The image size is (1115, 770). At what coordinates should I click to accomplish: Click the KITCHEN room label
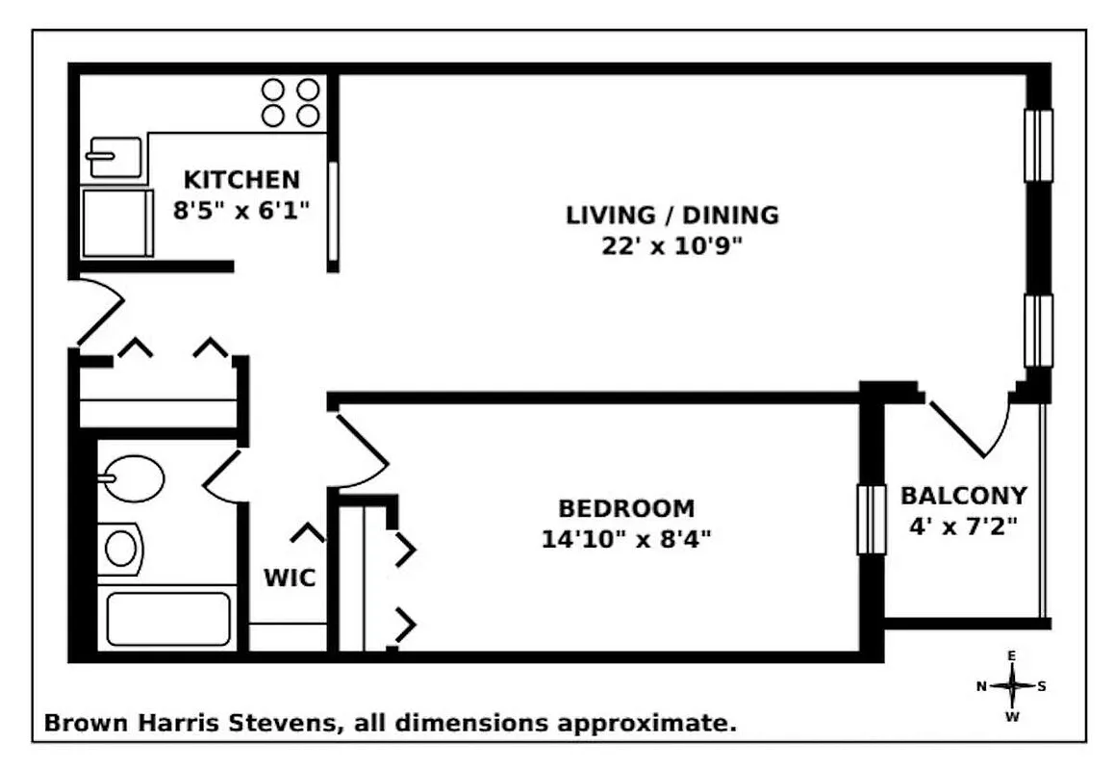point(241,180)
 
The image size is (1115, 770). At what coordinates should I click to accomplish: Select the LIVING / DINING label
point(672,215)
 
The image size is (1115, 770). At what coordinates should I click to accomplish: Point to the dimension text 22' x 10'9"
point(672,246)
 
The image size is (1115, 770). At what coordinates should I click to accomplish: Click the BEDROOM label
point(626,508)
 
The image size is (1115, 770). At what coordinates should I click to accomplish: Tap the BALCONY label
point(963,497)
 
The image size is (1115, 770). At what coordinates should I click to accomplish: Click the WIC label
point(290,579)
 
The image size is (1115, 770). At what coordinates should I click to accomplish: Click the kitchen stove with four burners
point(291,102)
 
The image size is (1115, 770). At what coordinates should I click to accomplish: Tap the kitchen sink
point(114,157)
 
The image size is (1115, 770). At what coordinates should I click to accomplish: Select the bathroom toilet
point(119,549)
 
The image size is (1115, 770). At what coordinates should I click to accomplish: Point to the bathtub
point(168,619)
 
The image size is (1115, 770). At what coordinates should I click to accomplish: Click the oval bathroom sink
point(133,478)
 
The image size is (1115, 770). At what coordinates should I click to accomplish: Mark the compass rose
point(1011,686)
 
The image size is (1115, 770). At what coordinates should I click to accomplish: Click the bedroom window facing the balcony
point(871,520)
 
